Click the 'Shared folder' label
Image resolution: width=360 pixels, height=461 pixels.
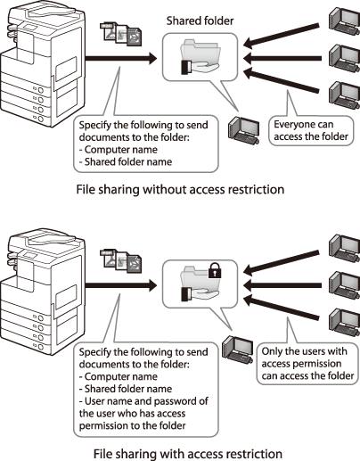click(200, 21)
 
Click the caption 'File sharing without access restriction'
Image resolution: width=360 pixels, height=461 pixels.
click(180, 189)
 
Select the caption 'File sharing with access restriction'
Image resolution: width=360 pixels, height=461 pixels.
click(188, 454)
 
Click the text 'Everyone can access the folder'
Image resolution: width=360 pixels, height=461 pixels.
click(311, 130)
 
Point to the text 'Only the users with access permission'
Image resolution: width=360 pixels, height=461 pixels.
click(305, 358)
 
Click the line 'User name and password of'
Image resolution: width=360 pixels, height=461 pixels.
click(143, 401)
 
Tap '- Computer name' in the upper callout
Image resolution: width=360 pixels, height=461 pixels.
click(119, 150)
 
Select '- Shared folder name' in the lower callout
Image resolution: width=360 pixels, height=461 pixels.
click(126, 389)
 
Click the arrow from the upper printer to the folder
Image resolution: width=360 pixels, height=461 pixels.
click(121, 58)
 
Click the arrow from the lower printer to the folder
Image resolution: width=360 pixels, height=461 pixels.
click(121, 285)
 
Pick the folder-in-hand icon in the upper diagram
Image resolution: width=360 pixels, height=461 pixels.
click(200, 57)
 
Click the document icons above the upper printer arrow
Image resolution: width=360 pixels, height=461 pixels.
click(121, 34)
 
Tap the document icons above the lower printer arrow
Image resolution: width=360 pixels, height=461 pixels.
click(121, 261)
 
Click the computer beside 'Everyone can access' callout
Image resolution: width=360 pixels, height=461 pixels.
click(244, 131)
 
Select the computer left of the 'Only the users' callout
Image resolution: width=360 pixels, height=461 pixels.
click(238, 350)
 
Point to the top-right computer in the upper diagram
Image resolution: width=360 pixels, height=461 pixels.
click(345, 21)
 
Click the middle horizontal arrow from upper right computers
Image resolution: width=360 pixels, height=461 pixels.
click(282, 58)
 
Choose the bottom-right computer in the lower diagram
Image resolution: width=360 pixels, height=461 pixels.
click(345, 323)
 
